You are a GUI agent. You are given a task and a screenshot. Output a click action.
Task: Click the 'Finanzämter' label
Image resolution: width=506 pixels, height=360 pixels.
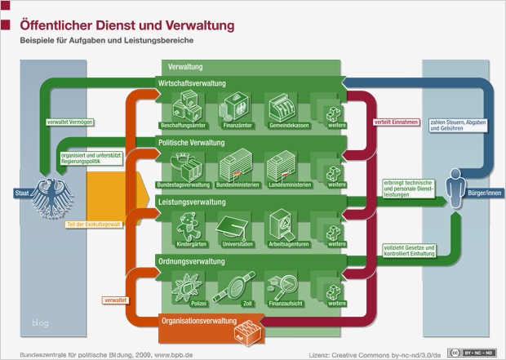(237, 125)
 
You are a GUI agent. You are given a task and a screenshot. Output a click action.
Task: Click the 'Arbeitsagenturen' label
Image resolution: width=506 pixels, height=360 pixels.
(285, 244)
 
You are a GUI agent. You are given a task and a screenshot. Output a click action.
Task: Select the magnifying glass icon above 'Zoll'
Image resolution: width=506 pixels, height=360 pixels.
(237, 286)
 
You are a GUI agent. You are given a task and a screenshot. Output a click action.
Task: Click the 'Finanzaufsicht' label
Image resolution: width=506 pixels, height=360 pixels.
(285, 303)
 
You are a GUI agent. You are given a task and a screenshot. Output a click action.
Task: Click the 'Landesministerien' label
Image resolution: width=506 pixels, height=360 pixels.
(285, 185)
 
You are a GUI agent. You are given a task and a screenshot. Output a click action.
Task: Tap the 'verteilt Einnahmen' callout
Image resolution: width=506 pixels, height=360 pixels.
(397, 122)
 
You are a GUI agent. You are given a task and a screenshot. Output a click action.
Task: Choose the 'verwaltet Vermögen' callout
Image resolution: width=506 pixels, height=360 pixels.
(71, 122)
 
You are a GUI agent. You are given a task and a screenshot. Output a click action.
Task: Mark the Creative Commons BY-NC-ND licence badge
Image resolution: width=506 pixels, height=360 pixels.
(479, 353)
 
